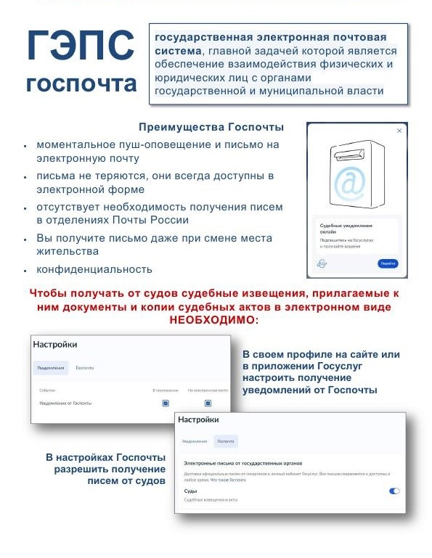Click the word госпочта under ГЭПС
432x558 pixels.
81,82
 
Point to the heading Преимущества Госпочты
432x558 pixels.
211,128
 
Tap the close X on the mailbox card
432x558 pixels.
399,131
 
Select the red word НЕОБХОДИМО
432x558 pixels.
214,321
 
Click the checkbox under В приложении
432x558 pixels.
166,403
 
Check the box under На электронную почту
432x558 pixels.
208,403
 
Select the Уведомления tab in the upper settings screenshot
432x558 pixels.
50,368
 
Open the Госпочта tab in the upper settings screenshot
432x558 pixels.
85,368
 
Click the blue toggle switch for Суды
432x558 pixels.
394,491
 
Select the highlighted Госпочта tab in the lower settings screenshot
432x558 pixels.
226,441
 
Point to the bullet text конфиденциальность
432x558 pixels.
94,269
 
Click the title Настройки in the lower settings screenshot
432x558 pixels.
198,419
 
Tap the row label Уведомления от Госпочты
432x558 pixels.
65,403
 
